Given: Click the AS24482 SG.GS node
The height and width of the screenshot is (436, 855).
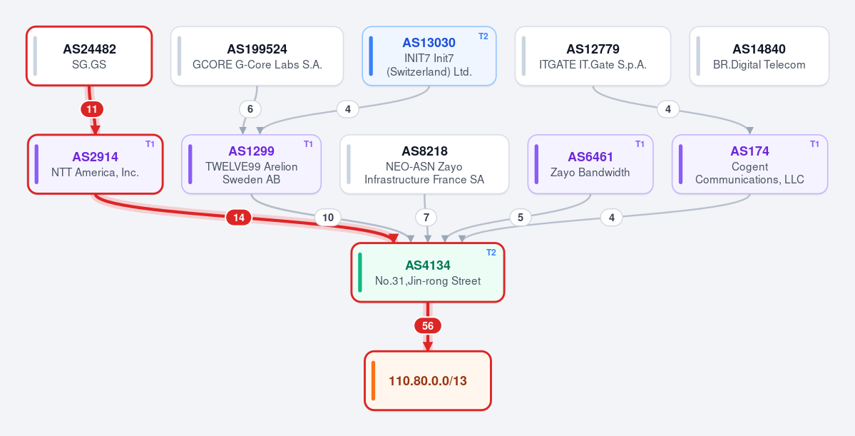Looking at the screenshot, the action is tap(89, 56).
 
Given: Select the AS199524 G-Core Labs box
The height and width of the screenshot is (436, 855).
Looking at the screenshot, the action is tap(257, 56).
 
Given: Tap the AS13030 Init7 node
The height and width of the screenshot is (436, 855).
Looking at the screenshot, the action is tap(429, 56).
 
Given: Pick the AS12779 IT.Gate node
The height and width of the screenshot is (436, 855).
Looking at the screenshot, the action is tap(593, 56).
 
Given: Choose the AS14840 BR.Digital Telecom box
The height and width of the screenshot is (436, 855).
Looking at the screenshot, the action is tap(759, 56).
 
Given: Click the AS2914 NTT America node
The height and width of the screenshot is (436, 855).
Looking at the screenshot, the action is tap(96, 164).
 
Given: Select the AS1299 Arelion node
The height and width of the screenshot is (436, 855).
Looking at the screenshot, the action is tap(252, 164).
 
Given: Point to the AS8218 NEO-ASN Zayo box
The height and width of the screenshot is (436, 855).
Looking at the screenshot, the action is tap(424, 164).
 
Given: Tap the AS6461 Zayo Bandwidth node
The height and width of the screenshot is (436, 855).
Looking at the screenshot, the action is tap(590, 164).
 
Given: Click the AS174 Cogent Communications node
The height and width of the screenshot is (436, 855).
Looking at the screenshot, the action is tap(749, 164).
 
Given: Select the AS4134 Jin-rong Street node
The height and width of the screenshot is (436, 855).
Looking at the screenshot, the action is tap(428, 273).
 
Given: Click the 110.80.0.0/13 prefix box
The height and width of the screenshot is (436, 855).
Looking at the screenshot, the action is tap(428, 380).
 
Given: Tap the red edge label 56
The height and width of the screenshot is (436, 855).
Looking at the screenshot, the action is tap(428, 326).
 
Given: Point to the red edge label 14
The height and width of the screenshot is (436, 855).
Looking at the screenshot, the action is tap(239, 218).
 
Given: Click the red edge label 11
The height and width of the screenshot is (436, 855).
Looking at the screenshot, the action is tap(92, 109).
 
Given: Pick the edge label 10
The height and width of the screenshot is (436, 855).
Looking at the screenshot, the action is tap(328, 218).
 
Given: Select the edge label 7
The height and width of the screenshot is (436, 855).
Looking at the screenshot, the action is tap(426, 218).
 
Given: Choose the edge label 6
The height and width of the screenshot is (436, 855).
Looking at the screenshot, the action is tap(250, 109).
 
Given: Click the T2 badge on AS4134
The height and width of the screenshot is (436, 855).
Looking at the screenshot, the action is tap(491, 253).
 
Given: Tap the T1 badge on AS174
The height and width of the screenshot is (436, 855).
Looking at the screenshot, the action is tap(814, 144).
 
